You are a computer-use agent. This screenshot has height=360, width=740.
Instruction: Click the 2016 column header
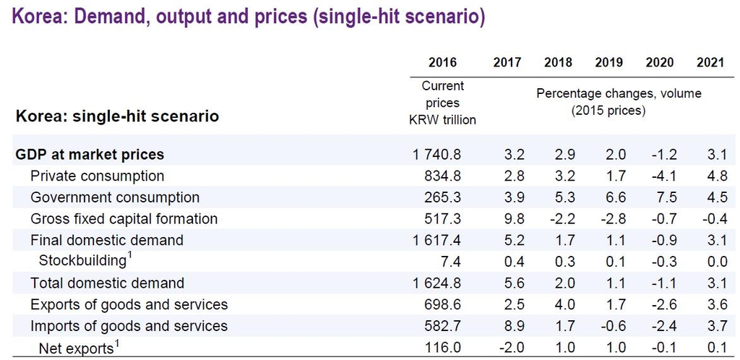(442, 62)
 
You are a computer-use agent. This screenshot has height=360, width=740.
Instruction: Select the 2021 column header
(710, 62)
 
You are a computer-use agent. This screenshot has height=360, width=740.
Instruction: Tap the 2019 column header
(608, 62)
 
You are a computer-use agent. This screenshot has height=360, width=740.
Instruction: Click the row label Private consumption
(97, 176)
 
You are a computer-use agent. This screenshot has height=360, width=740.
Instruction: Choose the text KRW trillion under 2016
(442, 119)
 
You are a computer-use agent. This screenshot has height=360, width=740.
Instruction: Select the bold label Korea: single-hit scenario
(117, 116)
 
